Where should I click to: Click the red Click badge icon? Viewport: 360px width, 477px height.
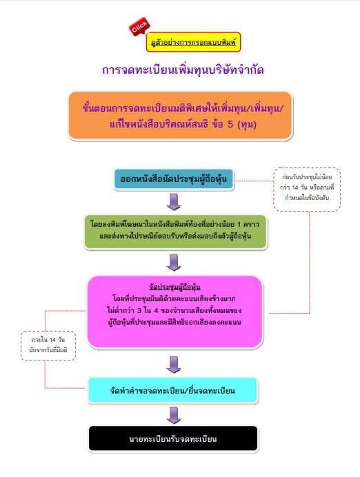tap(139, 26)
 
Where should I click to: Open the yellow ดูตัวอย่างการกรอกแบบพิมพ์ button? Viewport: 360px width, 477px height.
tap(193, 42)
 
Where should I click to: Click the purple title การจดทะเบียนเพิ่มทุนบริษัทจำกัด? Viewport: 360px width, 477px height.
tap(183, 70)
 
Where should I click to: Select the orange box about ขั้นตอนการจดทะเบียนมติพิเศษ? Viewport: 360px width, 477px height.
tap(181, 116)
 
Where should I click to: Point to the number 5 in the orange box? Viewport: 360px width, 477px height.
tap(230, 124)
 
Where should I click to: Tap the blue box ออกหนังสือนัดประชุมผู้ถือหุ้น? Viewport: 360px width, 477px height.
tap(174, 179)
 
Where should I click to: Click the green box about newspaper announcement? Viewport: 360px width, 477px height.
tap(176, 232)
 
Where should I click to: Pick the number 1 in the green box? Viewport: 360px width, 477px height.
tap(239, 225)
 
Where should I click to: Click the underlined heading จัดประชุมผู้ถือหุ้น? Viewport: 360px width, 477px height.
tap(174, 287)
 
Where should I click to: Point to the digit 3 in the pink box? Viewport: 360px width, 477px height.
tap(139, 311)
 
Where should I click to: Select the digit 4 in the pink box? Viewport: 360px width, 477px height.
tap(156, 311)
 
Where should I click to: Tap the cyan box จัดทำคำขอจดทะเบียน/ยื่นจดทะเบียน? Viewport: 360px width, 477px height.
tap(173, 391)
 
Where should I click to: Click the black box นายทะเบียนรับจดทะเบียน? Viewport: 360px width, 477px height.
tap(173, 438)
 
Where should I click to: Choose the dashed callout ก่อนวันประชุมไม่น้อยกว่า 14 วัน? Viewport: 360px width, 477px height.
tap(307, 189)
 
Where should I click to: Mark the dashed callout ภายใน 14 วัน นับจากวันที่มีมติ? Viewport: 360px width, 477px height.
tap(48, 345)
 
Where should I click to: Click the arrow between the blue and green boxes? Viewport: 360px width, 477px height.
tap(174, 202)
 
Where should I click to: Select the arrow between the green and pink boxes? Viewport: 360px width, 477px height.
tap(174, 262)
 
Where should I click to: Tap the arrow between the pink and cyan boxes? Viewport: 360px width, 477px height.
tap(174, 365)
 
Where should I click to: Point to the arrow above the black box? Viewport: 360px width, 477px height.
tap(174, 415)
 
